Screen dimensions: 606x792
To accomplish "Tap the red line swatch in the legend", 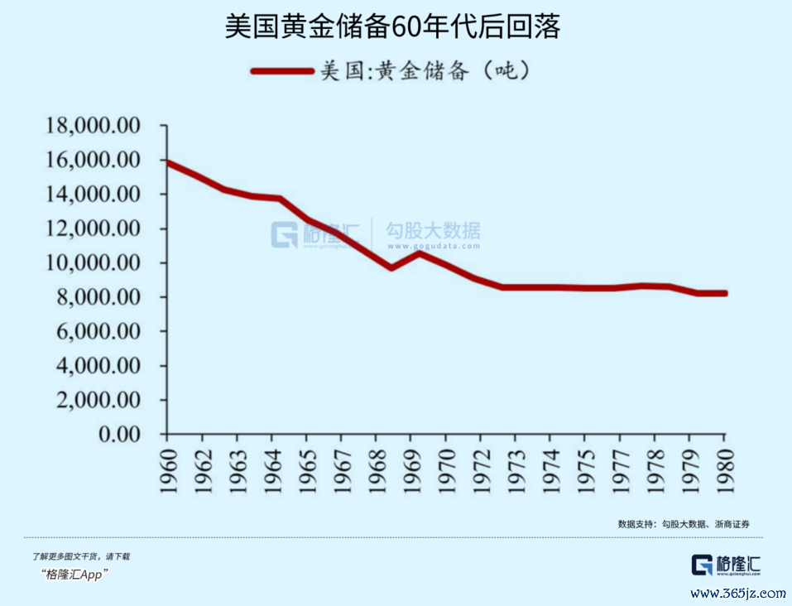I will point(283,72).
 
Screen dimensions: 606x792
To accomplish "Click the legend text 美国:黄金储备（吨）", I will point(425,72).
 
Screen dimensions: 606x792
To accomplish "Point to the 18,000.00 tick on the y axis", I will point(94,126).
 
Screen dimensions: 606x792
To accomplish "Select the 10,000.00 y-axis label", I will point(94,263).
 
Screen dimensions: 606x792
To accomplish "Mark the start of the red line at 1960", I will point(168,162).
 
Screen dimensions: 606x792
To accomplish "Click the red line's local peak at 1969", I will point(419,252).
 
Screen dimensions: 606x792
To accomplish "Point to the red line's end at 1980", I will point(725,293).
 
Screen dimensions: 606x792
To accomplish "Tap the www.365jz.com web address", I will point(737,593).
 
